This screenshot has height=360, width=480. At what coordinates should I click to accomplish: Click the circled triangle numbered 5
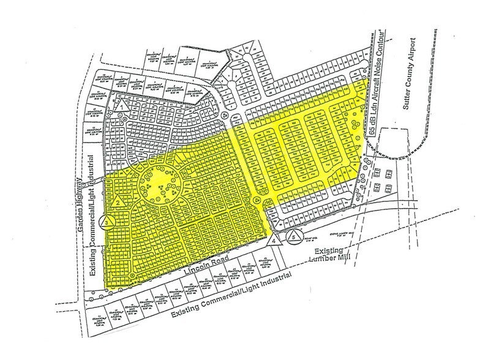click(294, 235)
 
